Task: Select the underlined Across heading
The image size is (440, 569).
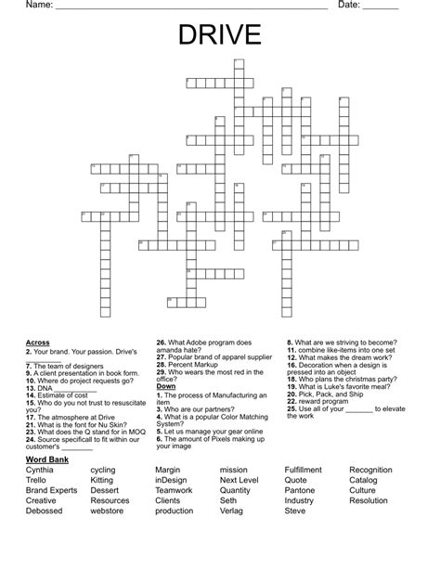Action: coord(38,343)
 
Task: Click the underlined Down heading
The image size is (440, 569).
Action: coord(165,385)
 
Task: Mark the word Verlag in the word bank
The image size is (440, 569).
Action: coord(232,511)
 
